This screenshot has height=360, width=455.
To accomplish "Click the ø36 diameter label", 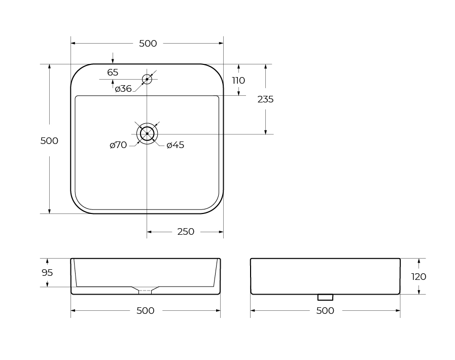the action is click(123, 88).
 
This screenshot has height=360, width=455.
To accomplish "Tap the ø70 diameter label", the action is click(118, 145).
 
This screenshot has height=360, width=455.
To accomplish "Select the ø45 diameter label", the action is click(176, 145).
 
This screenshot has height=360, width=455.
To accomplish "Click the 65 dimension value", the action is click(113, 72).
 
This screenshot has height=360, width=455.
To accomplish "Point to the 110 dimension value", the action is click(238, 80).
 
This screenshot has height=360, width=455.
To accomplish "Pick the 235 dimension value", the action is click(265, 99).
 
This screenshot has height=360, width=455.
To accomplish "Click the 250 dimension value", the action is click(186, 232).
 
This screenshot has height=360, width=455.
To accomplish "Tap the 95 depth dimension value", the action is click(47, 273).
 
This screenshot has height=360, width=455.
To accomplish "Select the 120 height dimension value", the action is click(418, 277).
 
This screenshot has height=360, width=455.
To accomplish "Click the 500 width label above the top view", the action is click(148, 44).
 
